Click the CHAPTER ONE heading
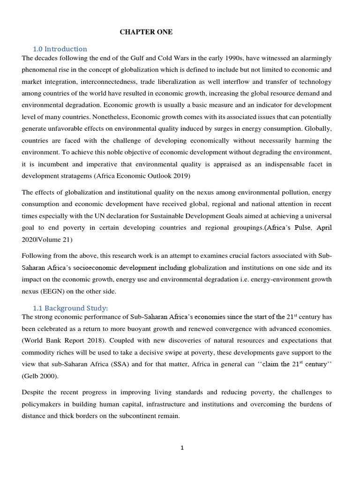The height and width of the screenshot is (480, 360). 146,32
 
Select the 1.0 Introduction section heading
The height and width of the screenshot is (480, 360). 60,49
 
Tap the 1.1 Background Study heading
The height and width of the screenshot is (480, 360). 70,308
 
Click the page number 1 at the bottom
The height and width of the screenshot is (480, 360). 182,448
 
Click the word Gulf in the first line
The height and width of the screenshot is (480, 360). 127,58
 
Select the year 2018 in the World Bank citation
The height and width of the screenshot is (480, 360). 79,341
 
